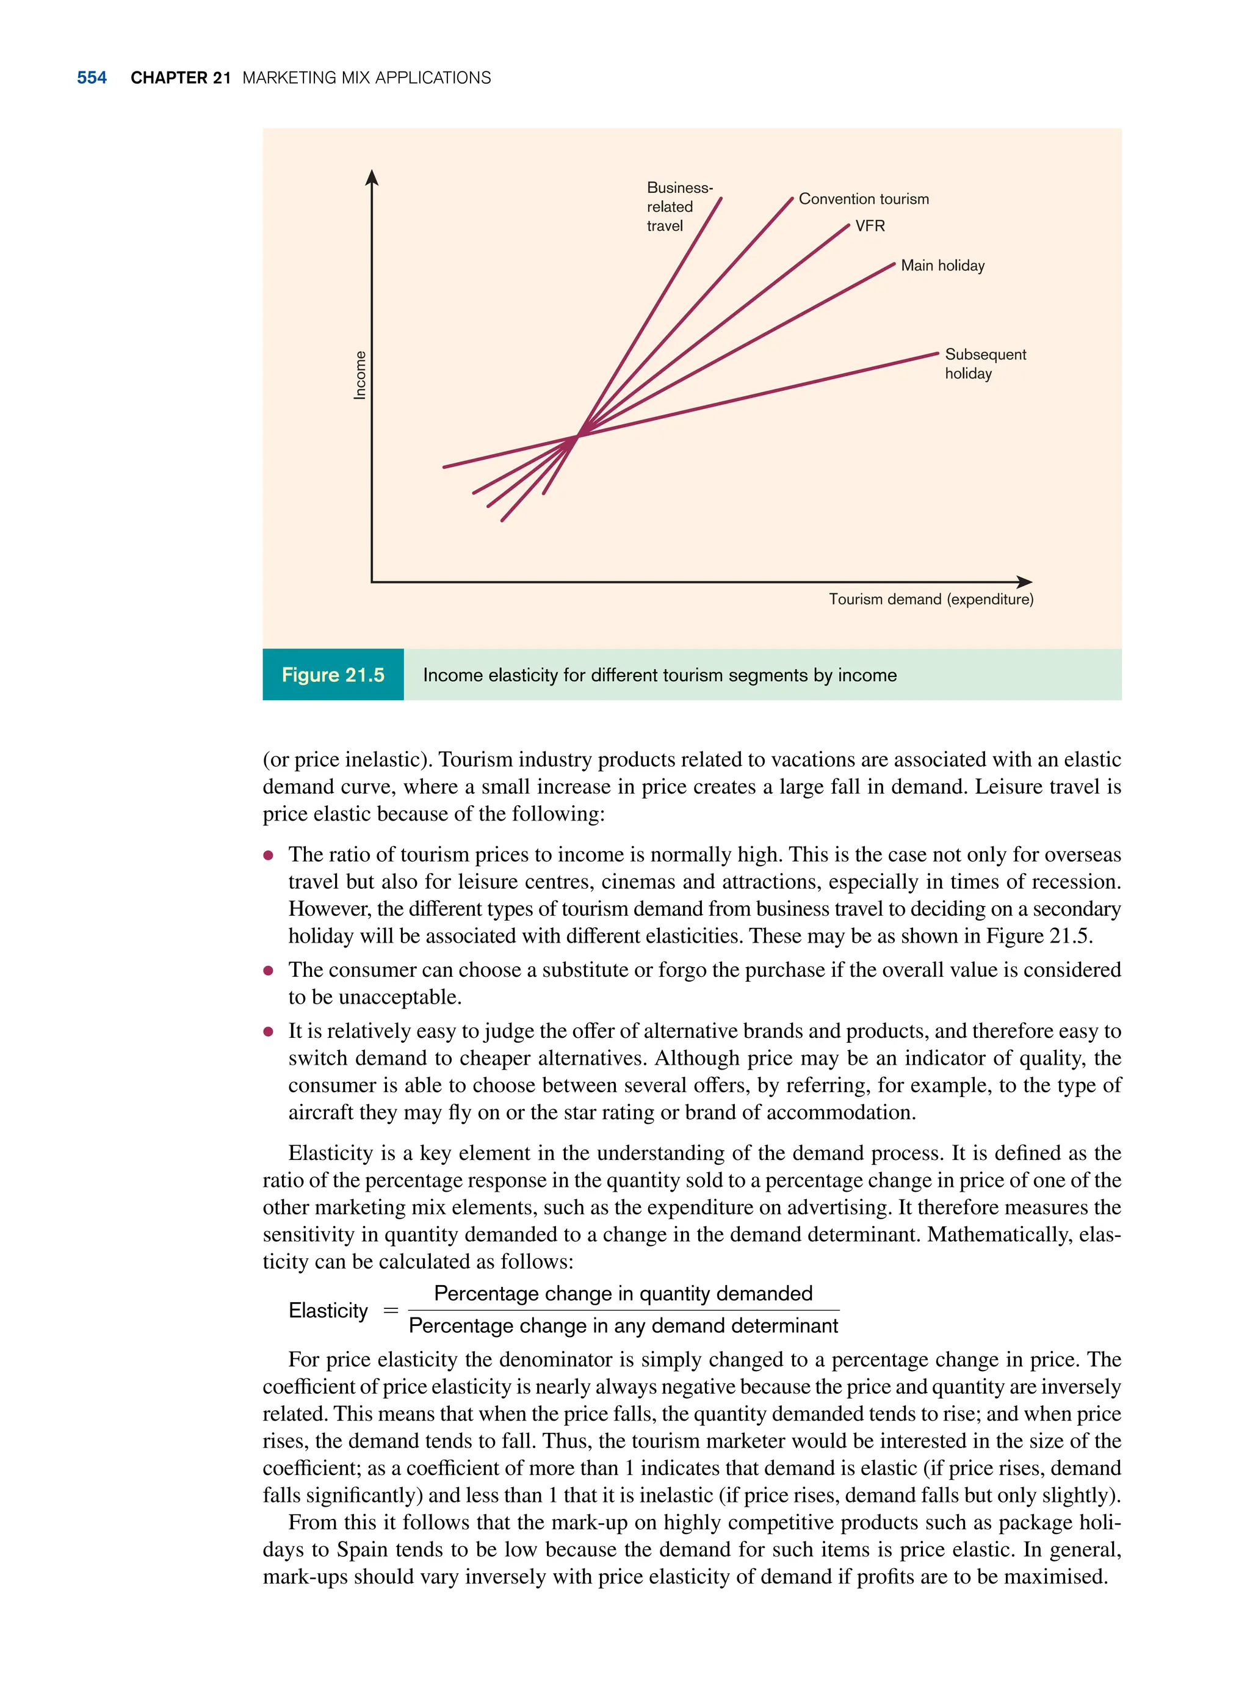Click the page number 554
point(92,78)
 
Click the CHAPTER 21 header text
point(180,78)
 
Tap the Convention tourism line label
point(864,199)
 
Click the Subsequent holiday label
point(984,364)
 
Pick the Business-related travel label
point(678,206)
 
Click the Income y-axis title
point(360,375)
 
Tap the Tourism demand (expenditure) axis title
point(931,600)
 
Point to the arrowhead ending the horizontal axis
point(1025,582)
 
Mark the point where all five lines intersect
point(578,436)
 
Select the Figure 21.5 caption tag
point(333,675)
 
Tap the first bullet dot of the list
point(268,856)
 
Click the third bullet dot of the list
point(268,1032)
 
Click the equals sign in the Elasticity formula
point(391,1311)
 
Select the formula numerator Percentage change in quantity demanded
point(623,1294)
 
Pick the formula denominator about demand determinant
point(623,1326)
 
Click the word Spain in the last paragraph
point(356,1549)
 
